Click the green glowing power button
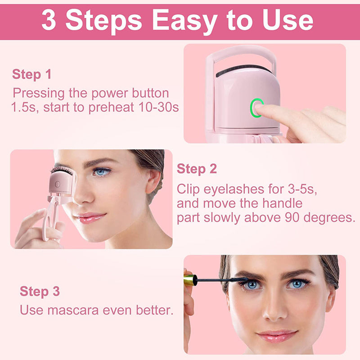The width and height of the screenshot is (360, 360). pos(257,108)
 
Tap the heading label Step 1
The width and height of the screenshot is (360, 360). pos(31,74)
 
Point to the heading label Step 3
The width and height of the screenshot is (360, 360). pos(40,291)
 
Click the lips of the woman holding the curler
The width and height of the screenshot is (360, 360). pos(91,217)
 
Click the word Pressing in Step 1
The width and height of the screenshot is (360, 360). pos(37,93)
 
